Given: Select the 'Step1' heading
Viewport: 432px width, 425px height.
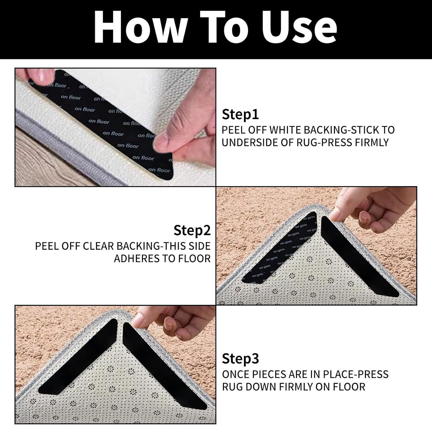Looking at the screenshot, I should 240,115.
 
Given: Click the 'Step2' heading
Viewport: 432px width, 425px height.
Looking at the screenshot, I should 192,230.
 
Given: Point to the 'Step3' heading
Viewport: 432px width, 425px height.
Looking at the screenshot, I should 240,359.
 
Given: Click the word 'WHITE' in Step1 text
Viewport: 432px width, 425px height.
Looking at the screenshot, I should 285,130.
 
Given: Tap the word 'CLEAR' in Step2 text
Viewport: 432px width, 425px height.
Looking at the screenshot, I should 98,246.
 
